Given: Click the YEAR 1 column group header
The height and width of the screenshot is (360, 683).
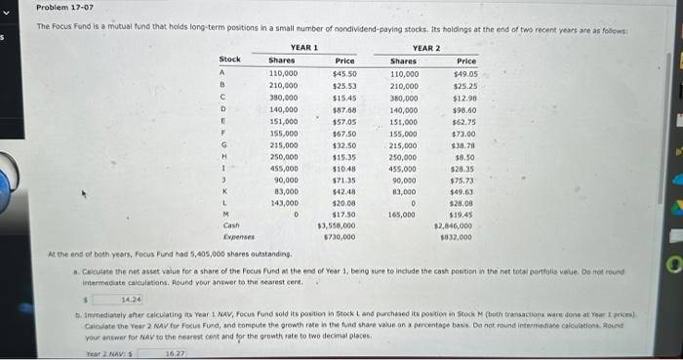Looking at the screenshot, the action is (304, 48).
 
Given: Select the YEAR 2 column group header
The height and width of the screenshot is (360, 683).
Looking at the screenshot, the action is (426, 48).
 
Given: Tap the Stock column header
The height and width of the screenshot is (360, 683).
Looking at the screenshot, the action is (229, 60).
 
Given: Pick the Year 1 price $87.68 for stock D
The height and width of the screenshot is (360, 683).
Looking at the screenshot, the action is (344, 109).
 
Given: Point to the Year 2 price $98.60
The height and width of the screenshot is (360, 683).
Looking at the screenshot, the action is (463, 109).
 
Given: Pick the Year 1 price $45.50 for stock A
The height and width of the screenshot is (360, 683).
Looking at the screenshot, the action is (344, 73).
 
